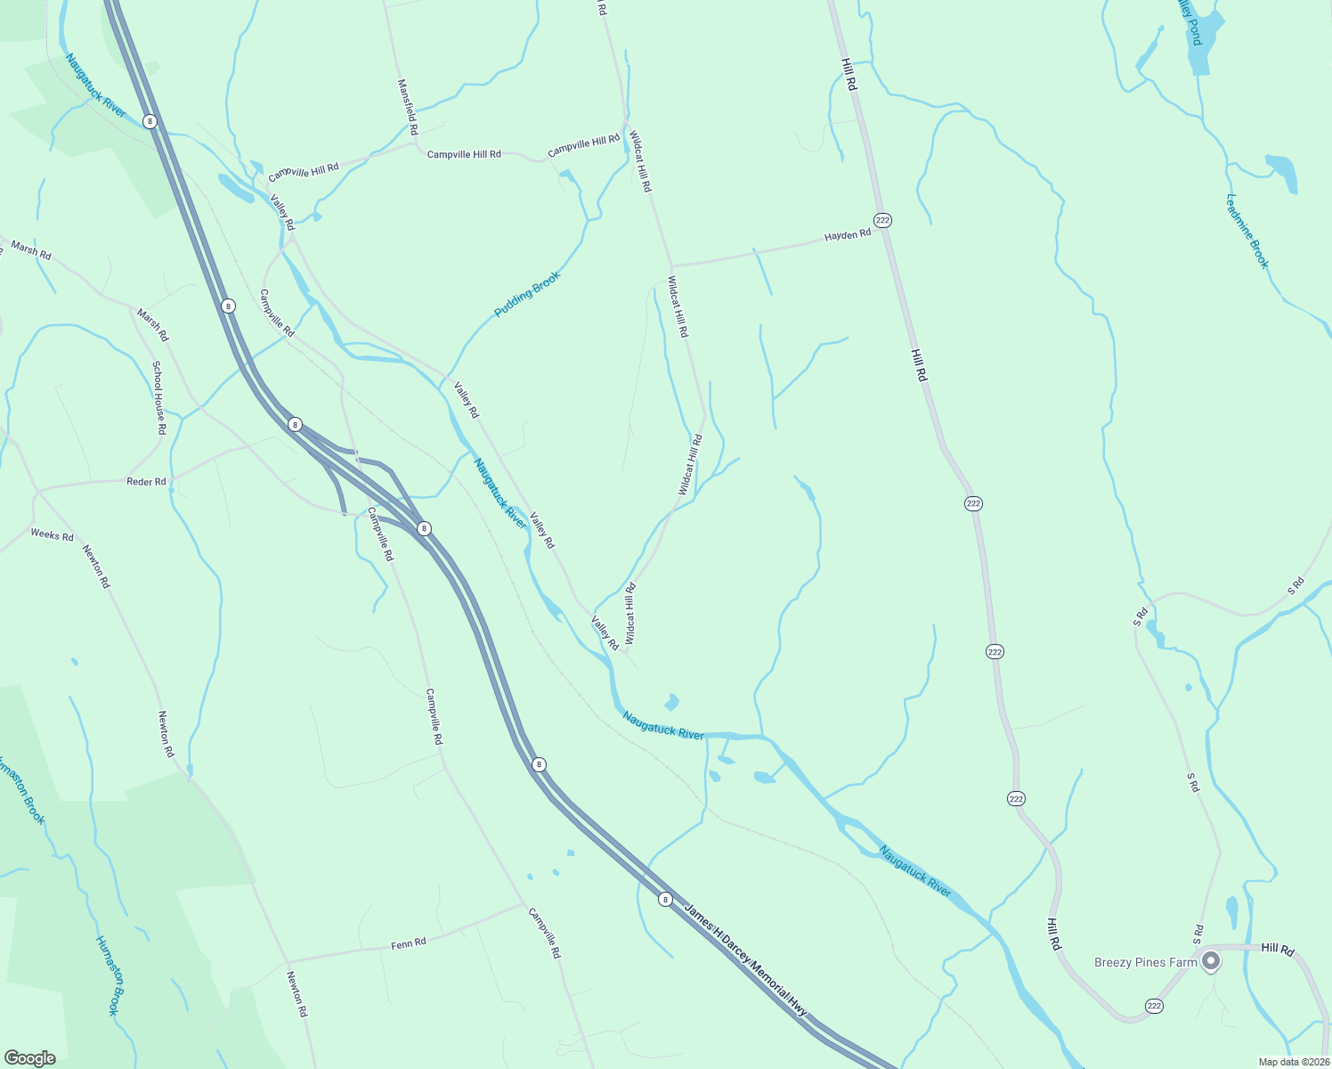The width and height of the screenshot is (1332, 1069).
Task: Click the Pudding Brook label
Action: [528, 294]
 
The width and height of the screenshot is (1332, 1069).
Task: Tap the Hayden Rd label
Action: [847, 235]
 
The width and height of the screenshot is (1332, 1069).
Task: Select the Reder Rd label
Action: [146, 482]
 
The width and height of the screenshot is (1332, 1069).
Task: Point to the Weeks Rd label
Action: [52, 534]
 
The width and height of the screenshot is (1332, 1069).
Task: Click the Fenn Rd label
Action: [409, 943]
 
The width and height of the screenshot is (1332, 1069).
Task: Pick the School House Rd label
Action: [158, 397]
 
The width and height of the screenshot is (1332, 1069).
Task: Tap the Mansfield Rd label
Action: [407, 107]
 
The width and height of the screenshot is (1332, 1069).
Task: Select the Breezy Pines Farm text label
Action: [1145, 962]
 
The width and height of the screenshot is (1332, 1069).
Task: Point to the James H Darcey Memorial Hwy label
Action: [745, 959]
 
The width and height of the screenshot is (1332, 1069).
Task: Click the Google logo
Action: [29, 1058]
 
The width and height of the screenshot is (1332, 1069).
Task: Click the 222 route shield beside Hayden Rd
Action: [882, 220]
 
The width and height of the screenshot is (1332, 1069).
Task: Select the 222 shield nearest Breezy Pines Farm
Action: [1154, 1006]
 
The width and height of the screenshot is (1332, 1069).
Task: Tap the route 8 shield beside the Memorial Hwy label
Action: [665, 900]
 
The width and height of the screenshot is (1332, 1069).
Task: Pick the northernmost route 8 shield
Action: [150, 121]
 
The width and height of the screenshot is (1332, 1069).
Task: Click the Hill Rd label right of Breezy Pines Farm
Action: [1278, 950]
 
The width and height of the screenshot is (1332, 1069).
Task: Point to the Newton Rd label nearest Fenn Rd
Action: [296, 994]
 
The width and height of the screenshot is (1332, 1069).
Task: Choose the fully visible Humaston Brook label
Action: [107, 975]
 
